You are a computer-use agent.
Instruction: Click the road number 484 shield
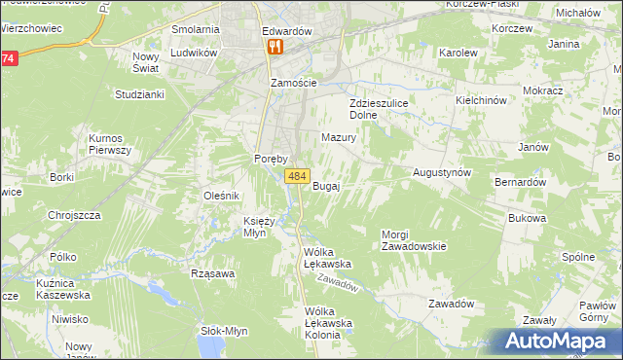point(297,176)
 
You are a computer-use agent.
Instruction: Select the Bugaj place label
point(326,186)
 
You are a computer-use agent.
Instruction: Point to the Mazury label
point(339,138)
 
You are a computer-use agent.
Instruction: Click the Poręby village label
point(268,159)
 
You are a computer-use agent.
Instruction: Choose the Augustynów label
point(442,171)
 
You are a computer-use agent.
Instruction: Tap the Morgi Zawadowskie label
point(414,240)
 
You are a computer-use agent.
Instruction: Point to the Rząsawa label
point(214,273)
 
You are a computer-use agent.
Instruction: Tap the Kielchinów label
point(482,100)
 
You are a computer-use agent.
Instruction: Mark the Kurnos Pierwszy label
point(110,144)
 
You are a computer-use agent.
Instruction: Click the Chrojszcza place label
point(75,215)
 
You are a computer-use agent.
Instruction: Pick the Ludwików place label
point(193,53)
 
